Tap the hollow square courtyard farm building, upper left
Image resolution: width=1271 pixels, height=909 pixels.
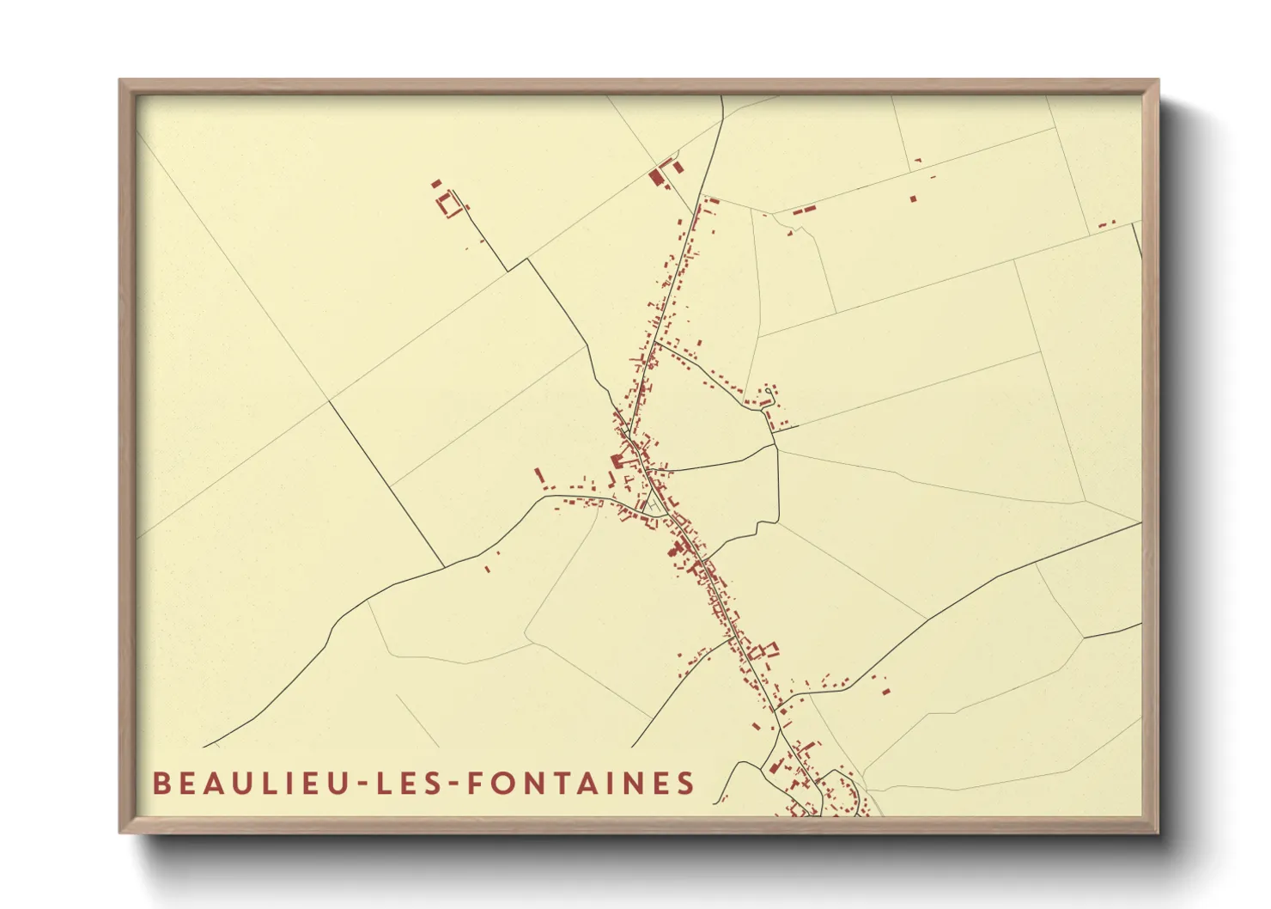click(x=448, y=205)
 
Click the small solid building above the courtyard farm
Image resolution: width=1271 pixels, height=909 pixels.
click(x=435, y=183)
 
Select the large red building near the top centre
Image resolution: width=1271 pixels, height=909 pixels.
click(x=657, y=179)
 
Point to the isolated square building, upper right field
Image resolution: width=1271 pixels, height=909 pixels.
click(x=913, y=198)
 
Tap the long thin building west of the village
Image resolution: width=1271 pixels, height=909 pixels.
click(x=539, y=475)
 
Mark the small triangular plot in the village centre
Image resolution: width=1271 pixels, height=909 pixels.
click(x=655, y=504)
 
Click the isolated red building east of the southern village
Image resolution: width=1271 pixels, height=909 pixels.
click(x=885, y=689)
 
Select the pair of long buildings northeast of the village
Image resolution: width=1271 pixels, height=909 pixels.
click(x=803, y=209)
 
